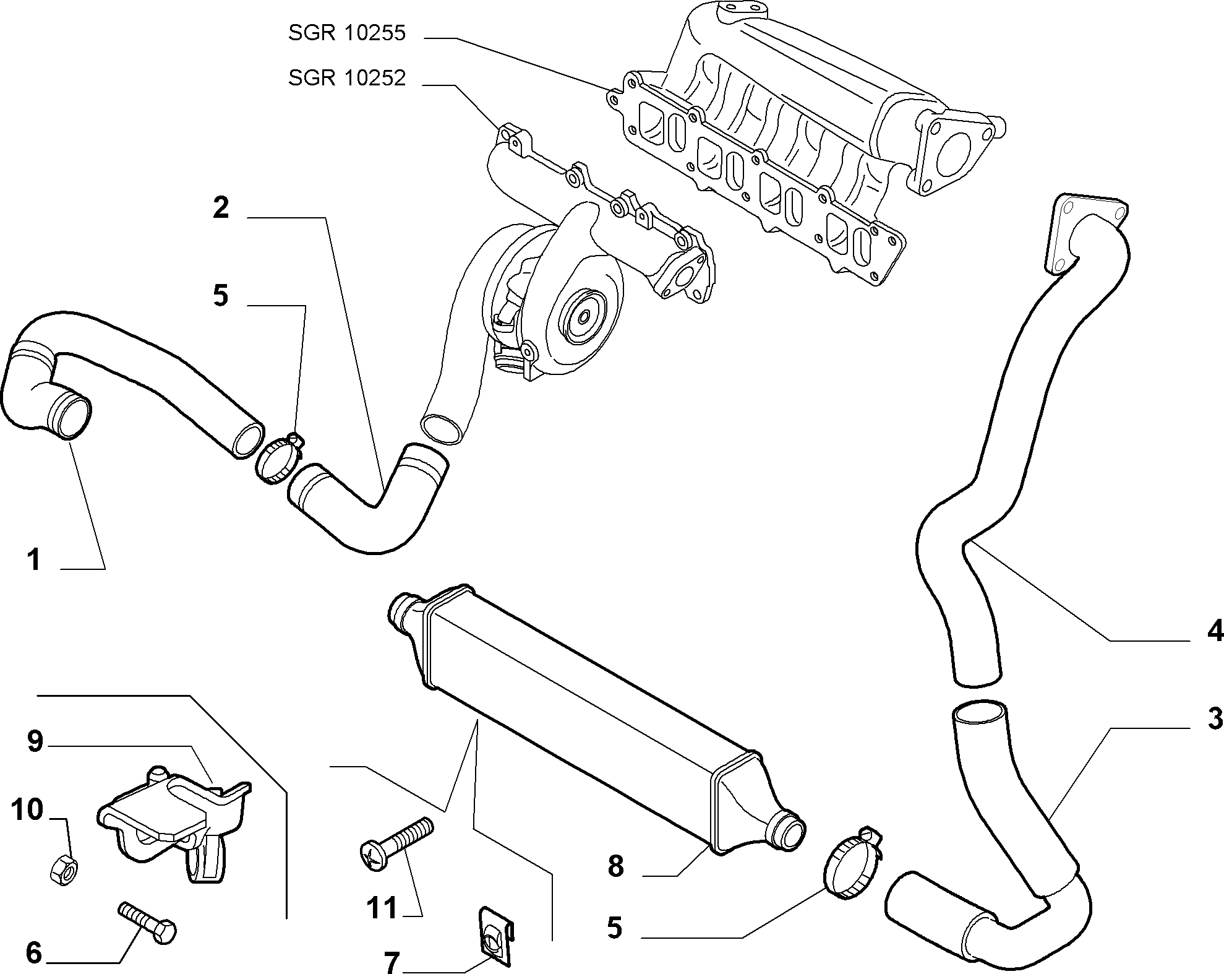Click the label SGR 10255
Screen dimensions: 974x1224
346,33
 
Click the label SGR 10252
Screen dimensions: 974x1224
346,79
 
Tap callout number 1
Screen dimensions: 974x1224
33,560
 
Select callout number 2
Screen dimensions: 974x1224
221,208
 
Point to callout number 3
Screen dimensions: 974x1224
1214,718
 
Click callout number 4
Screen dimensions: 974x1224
1214,631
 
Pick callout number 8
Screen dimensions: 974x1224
615,866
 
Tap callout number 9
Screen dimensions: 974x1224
35,741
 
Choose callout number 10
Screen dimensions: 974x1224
27,809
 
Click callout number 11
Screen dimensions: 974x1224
382,908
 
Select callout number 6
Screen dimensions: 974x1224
33,952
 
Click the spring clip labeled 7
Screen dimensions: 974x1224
495,940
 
